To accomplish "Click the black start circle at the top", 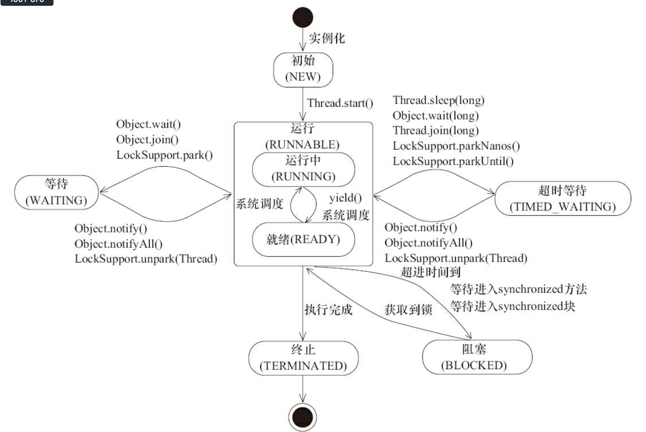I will click(303, 17).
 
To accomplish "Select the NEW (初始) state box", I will click(303, 69).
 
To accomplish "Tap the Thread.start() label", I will click(340, 103).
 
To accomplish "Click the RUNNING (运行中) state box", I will click(303, 169).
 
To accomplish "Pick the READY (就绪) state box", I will click(303, 240).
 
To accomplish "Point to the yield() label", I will click(345, 198).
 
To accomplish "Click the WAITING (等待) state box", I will click(56, 192).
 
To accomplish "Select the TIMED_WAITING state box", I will click(562, 198).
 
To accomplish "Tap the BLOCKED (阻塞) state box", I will click(477, 357).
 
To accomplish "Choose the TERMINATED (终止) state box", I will click(303, 358).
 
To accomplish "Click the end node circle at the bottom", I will click(303, 417).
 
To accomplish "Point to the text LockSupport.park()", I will click(164, 155).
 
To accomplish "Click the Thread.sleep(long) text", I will click(438, 100).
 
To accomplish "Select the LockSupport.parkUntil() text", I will click(453, 161).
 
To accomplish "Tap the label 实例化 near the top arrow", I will click(327, 38).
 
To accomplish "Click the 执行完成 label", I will click(328, 310).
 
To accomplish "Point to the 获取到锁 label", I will click(408, 310).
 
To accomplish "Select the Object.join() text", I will click(147, 140).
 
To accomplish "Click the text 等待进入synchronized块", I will click(512, 306).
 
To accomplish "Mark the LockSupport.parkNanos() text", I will click(456, 146).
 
